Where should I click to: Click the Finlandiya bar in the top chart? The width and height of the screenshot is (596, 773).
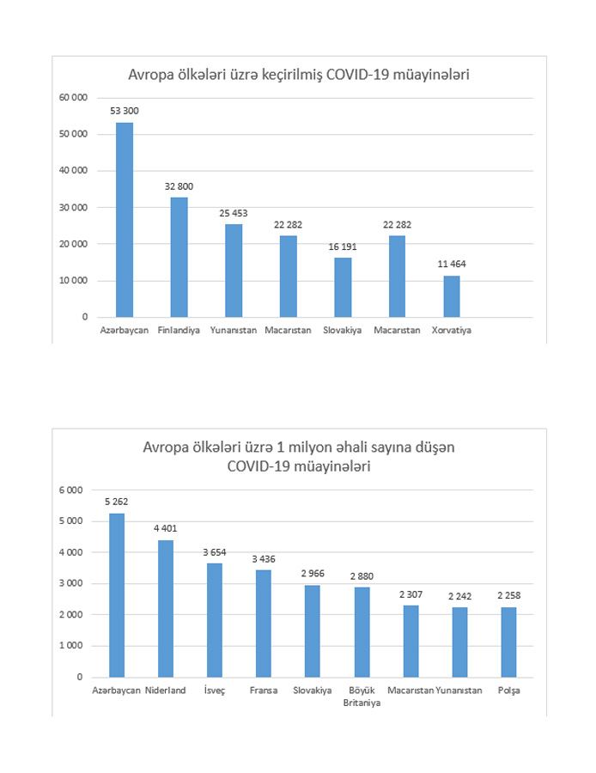click(x=179, y=257)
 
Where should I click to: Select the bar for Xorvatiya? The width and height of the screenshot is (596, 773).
click(x=452, y=295)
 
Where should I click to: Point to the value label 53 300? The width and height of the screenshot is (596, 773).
click(x=125, y=112)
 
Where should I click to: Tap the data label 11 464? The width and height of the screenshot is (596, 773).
click(x=452, y=265)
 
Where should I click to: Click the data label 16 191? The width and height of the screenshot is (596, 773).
click(x=343, y=247)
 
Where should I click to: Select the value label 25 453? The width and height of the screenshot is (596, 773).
click(x=234, y=213)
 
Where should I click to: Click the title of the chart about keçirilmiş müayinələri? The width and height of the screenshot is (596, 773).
click(x=299, y=76)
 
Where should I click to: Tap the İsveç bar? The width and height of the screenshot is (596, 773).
click(x=214, y=619)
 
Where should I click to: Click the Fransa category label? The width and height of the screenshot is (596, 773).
click(x=264, y=691)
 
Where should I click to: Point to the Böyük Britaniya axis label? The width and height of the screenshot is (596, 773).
click(x=362, y=697)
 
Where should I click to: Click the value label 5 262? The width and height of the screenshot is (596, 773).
click(x=116, y=502)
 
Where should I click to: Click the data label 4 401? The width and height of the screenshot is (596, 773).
click(x=165, y=528)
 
